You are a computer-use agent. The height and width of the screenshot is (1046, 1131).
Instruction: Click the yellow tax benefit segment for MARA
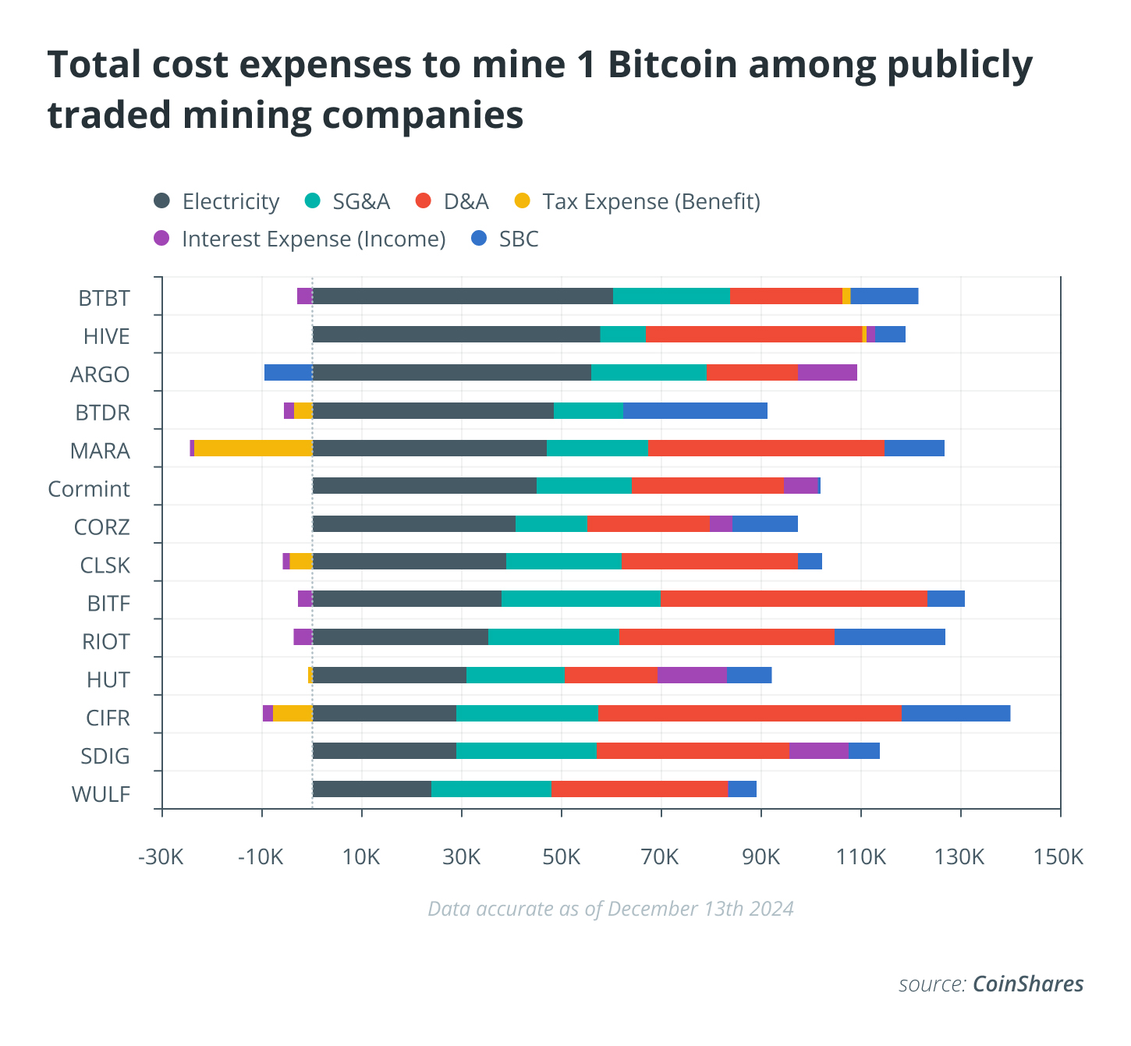(253, 448)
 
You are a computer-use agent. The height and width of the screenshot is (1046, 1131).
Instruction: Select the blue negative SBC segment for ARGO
(288, 372)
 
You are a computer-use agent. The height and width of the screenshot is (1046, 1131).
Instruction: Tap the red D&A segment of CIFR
(750, 713)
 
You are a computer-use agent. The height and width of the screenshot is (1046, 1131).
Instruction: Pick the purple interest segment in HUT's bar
(692, 675)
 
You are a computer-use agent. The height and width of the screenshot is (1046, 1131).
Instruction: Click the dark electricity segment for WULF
(372, 789)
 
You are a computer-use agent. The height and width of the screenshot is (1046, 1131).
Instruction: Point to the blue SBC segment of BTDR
(695, 410)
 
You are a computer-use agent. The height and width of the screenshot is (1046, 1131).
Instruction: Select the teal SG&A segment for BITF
(581, 598)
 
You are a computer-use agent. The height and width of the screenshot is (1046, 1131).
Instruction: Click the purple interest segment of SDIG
(818, 750)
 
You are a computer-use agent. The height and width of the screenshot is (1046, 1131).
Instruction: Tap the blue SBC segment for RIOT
(889, 636)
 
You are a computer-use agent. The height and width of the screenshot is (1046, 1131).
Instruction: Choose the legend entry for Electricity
(217, 201)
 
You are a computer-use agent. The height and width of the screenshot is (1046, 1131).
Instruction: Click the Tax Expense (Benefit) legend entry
(637, 201)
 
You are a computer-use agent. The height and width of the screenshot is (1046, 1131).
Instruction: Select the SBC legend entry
(505, 239)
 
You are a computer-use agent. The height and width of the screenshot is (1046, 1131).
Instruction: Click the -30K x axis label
(161, 857)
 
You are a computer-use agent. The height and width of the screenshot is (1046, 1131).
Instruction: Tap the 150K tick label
(1058, 857)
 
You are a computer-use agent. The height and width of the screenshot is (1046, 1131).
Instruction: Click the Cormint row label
(89, 489)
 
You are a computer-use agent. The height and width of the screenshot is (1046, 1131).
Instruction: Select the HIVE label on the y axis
(106, 336)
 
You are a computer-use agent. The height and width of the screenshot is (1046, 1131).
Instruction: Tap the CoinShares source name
(1027, 984)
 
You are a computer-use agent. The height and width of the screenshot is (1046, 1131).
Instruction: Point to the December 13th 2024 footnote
(611, 909)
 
